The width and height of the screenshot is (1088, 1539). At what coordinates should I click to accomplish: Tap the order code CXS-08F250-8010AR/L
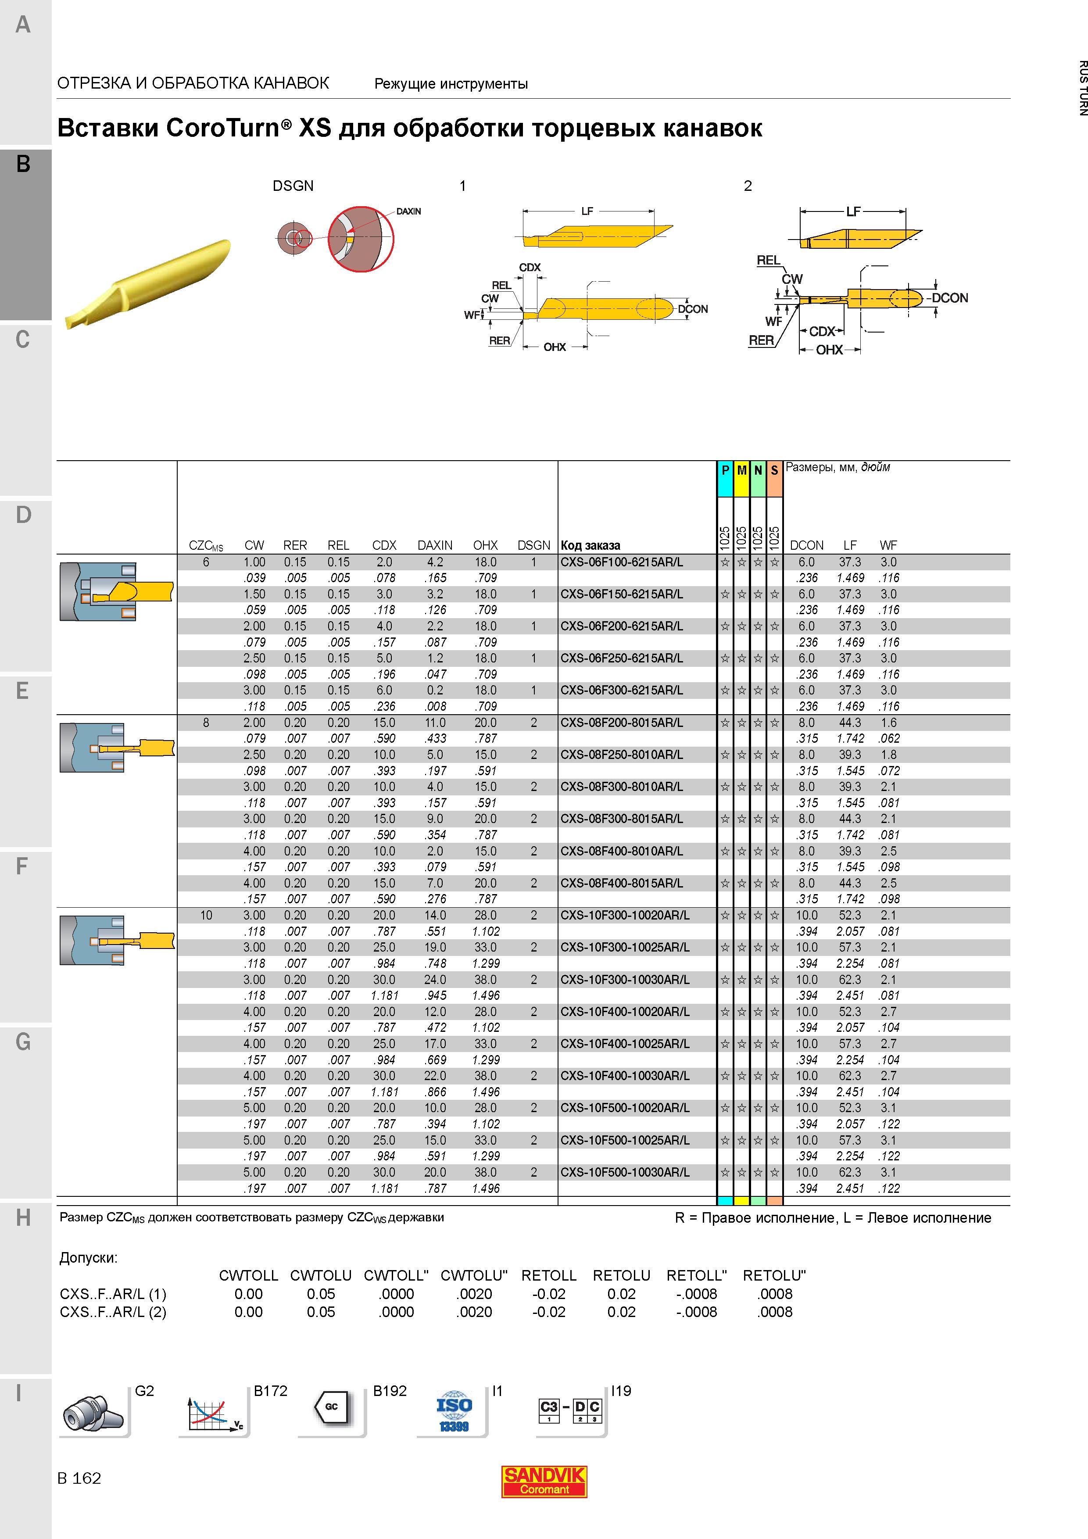[621, 755]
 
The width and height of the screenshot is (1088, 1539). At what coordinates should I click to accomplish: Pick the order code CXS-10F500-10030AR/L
[625, 1172]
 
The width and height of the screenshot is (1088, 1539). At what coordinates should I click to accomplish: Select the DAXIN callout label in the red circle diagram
[408, 211]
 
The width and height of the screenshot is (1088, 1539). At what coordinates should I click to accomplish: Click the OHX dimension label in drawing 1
[555, 347]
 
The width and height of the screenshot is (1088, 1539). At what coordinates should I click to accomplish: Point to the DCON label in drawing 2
[950, 297]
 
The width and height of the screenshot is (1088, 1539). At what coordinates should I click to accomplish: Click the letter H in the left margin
[23, 1218]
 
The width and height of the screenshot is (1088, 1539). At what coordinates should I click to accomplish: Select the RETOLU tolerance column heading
[621, 1275]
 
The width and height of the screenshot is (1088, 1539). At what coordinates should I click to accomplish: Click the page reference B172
[270, 1391]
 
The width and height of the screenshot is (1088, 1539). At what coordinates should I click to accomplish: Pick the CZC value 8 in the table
[206, 723]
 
